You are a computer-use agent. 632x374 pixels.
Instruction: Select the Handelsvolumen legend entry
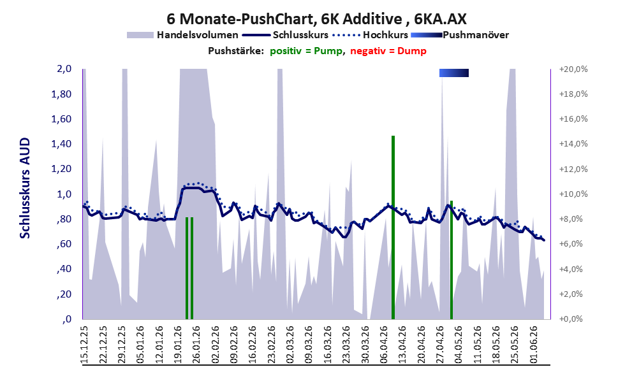point(182,35)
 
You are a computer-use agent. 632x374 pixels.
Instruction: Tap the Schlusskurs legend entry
point(285,35)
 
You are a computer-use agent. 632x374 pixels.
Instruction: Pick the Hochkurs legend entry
point(371,35)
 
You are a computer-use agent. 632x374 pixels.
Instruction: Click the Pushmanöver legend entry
point(460,35)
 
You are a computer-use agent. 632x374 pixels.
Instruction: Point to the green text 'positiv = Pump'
point(306,51)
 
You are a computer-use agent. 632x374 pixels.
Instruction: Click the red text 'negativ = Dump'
point(388,51)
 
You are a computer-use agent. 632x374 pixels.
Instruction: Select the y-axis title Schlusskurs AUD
point(25,188)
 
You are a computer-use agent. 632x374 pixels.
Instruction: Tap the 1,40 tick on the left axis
point(62,144)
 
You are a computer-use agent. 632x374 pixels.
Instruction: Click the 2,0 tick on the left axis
point(64,69)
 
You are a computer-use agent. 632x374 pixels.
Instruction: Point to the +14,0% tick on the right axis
point(573,144)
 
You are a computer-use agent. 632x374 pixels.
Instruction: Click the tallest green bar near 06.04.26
point(393,227)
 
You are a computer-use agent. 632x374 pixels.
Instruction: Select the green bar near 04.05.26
point(452,260)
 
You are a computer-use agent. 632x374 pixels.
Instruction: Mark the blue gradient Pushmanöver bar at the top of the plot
point(454,73)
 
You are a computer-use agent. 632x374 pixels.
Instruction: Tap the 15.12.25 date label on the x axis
point(85,345)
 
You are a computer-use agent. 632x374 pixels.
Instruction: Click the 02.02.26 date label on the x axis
point(216,345)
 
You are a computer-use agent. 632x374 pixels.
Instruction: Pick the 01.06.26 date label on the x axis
point(534,345)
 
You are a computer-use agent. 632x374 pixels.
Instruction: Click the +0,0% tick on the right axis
point(571,319)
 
